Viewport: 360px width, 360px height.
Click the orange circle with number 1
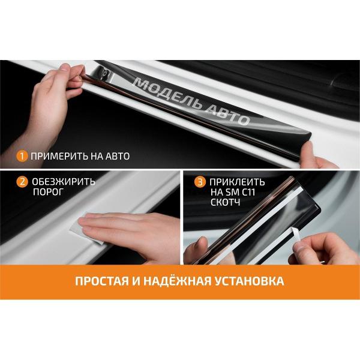22,156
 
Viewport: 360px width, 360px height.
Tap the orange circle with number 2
22,182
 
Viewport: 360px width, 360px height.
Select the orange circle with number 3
200,182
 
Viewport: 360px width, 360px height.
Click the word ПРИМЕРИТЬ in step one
59,156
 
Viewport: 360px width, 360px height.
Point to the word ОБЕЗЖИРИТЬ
64,182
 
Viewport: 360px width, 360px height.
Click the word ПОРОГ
48,192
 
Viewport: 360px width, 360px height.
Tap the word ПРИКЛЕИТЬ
238,182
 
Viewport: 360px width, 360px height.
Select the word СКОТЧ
225,202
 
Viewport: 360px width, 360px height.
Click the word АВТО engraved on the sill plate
227,115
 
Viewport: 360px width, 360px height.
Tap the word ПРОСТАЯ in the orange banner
102,281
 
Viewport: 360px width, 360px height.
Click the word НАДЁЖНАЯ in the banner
177,280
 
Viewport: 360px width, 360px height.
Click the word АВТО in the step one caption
118,156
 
